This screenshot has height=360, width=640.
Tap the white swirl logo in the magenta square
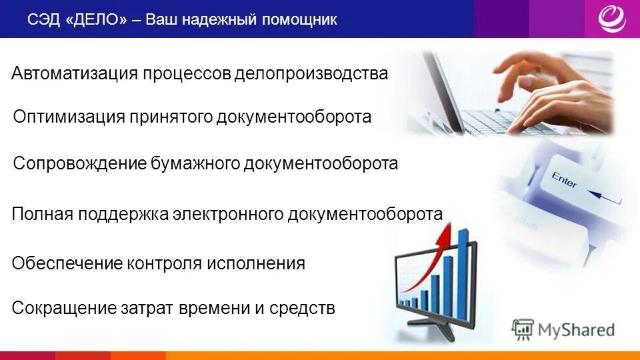[x=611, y=19]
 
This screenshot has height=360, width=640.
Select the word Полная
[x=42, y=214]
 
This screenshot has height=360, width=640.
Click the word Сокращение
[x=64, y=308]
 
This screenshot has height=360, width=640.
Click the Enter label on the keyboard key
[x=563, y=179]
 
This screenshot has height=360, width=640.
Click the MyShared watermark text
[x=576, y=329]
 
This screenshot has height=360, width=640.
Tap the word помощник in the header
[x=299, y=20]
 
